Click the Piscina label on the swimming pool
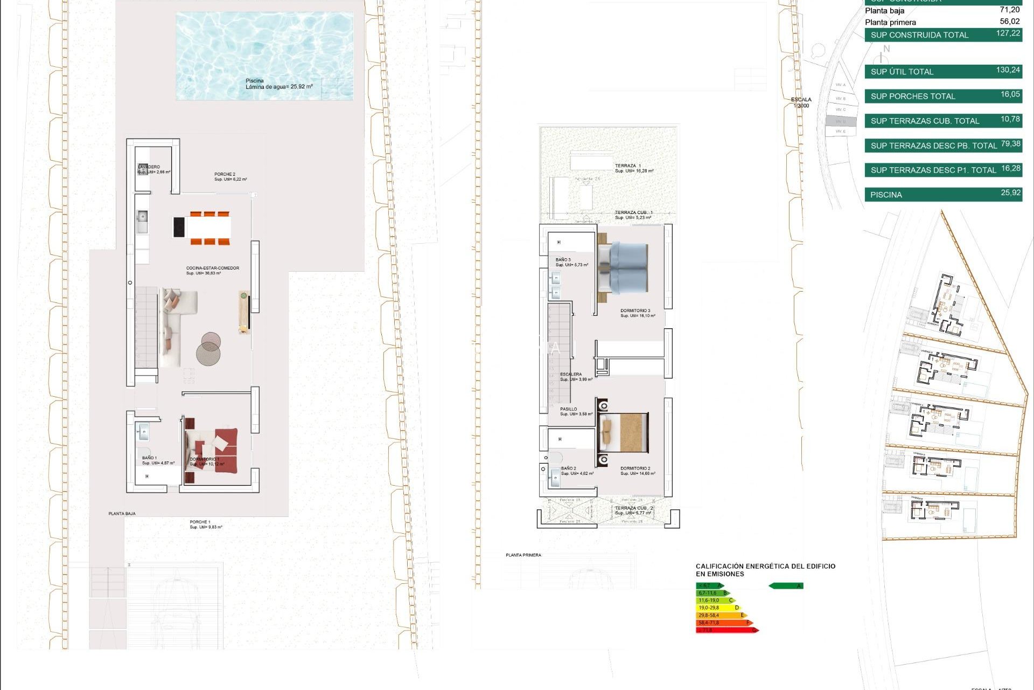click(x=255, y=81)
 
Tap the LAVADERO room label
click(x=149, y=167)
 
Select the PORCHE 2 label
click(x=225, y=174)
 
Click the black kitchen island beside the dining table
click(x=179, y=227)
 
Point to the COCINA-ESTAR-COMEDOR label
click(x=213, y=268)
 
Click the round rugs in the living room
click(x=209, y=348)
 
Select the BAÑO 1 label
click(x=149, y=458)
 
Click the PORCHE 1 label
click(x=200, y=522)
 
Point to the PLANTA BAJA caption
click(x=122, y=514)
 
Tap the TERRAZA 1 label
click(x=628, y=165)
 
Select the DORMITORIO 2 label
click(x=635, y=468)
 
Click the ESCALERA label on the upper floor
click(x=570, y=374)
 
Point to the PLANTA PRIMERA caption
click(x=523, y=555)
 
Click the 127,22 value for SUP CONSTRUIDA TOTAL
click(x=1008, y=33)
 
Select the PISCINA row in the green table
click(x=942, y=195)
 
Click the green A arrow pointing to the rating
click(x=786, y=586)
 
